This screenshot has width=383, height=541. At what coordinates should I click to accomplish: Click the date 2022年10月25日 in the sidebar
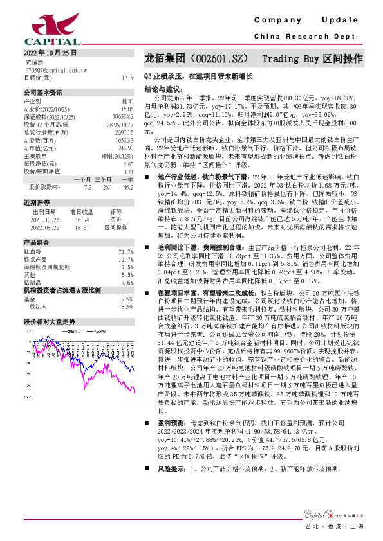tap(50, 53)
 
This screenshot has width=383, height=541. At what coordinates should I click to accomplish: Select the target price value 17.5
tap(127, 77)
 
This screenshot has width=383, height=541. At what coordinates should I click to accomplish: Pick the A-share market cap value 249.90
tap(126, 148)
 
